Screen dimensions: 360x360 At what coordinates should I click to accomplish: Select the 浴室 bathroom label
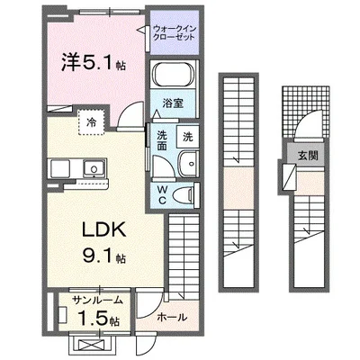point(174,104)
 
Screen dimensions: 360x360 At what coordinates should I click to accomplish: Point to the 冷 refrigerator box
point(93,120)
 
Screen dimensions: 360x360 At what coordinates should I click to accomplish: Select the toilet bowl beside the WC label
point(185,194)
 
